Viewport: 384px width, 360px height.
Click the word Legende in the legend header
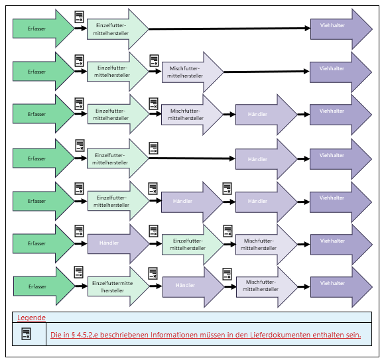(31, 318)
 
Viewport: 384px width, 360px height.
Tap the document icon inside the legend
(27, 334)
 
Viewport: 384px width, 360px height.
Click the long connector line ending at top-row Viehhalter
(229, 29)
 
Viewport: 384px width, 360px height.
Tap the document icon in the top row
(79, 17)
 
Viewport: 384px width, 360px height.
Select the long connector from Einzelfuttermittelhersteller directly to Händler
(192, 158)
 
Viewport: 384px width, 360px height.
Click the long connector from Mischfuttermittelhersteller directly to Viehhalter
(267, 72)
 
